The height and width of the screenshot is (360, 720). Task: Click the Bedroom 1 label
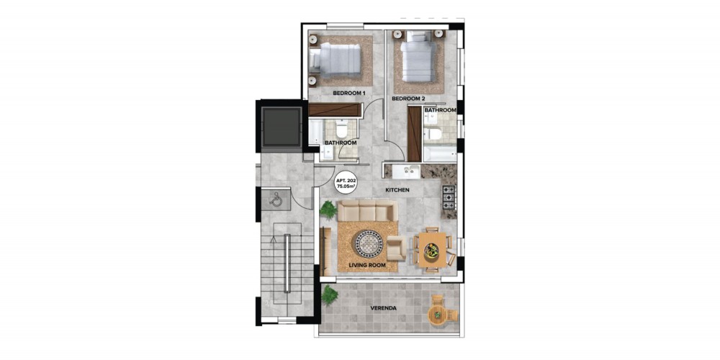[x=349, y=93]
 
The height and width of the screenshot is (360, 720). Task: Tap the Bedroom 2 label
[x=408, y=99]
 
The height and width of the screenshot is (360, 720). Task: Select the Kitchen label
[x=397, y=189]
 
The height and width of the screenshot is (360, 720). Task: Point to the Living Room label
[x=367, y=266]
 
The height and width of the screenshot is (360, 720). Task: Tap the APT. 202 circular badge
[x=344, y=184]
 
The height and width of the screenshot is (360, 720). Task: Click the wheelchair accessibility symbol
[x=276, y=199]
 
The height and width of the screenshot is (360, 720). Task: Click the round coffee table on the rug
[x=368, y=243]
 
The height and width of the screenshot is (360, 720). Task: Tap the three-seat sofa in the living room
[x=367, y=211]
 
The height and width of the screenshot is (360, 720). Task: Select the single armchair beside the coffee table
[x=396, y=248]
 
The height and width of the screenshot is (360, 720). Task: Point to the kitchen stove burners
[x=449, y=196]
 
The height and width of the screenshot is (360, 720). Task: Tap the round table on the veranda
[x=437, y=315]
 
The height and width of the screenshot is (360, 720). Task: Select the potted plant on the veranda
[x=329, y=295]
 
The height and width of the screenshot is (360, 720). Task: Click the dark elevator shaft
[x=282, y=127]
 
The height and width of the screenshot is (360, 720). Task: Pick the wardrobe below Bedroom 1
[x=333, y=109]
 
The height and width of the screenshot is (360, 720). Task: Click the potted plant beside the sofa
[x=328, y=210]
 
